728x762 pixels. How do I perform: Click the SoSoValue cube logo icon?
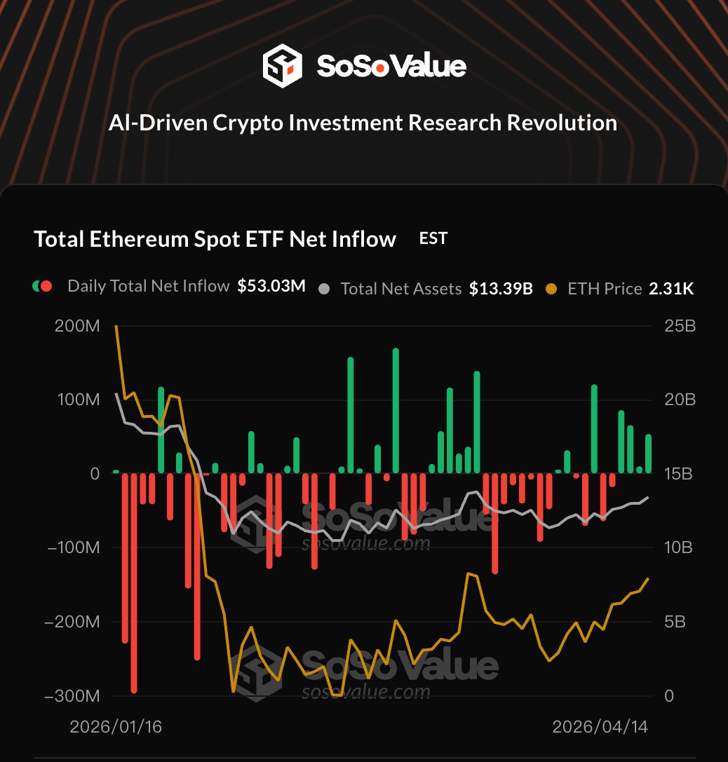click(x=282, y=67)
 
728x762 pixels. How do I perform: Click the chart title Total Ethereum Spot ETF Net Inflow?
click(x=215, y=239)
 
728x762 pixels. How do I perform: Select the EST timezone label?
click(x=433, y=238)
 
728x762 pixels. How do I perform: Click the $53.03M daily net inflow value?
click(x=271, y=286)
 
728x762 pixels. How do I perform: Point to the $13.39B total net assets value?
click(x=501, y=288)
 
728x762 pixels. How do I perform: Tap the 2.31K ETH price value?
click(x=671, y=288)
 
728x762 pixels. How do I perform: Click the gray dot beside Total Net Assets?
click(x=323, y=288)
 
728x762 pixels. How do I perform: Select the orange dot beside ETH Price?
click(x=551, y=288)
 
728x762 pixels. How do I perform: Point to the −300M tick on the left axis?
click(x=72, y=696)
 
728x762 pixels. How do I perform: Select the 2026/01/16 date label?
click(x=116, y=727)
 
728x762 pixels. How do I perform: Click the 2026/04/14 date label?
click(x=600, y=727)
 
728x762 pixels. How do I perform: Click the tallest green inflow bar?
click(x=396, y=410)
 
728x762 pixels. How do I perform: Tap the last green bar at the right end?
click(x=648, y=454)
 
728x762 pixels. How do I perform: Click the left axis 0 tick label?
click(x=95, y=474)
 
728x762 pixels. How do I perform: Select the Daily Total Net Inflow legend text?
click(x=149, y=286)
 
